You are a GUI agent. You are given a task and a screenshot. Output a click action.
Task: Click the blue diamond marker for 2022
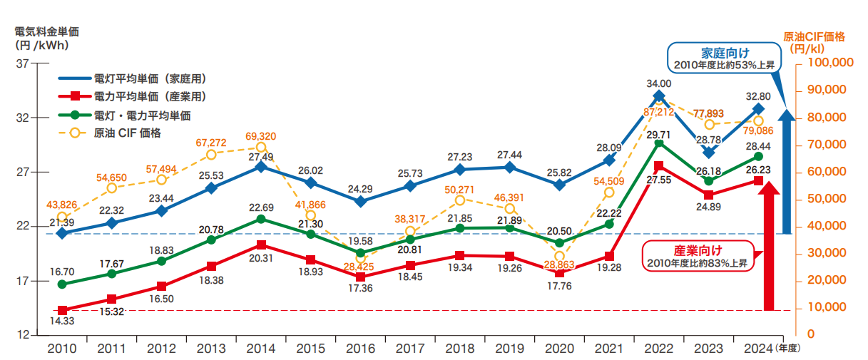pyautogui.click(x=659, y=96)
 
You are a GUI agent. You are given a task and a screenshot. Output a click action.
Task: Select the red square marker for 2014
pyautogui.click(x=261, y=245)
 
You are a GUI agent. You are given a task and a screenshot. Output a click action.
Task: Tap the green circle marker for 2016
pyautogui.click(x=360, y=253)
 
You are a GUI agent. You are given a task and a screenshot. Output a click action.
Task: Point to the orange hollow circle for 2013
pyautogui.click(x=211, y=155)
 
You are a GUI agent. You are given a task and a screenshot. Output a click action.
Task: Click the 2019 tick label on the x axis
pyautogui.click(x=509, y=349)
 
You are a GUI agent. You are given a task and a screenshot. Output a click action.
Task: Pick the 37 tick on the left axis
pyautogui.click(x=21, y=63)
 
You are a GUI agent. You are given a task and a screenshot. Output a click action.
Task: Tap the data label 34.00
pyautogui.click(x=658, y=83)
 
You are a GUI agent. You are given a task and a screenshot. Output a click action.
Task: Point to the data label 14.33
pyautogui.click(x=62, y=322)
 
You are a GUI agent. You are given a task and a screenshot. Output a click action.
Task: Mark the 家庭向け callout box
pyautogui.click(x=723, y=58)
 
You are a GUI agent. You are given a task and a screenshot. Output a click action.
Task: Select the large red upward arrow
pyautogui.click(x=768, y=250)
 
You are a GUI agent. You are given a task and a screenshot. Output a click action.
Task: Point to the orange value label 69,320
pyautogui.click(x=260, y=136)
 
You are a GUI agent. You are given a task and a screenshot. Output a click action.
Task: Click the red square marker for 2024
pyautogui.click(x=758, y=181)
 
